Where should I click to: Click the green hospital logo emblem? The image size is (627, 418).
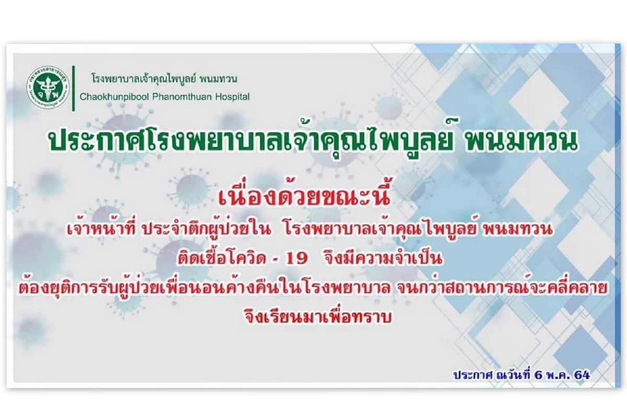pyautogui.click(x=48, y=88)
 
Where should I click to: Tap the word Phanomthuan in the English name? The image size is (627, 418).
pyautogui.click(x=182, y=97)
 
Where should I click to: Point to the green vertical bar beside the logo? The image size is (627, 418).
pyautogui.click(x=74, y=88)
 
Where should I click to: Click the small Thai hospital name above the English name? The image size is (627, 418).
pyautogui.click(x=165, y=79)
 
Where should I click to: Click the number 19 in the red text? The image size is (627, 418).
pyautogui.click(x=296, y=259)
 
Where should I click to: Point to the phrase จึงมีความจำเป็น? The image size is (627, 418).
pyautogui.click(x=384, y=258)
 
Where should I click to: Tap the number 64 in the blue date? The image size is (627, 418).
pyautogui.click(x=582, y=375)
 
